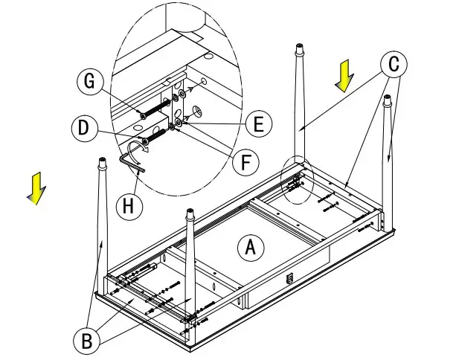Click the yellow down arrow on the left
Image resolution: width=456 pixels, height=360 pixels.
click(34, 188)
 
